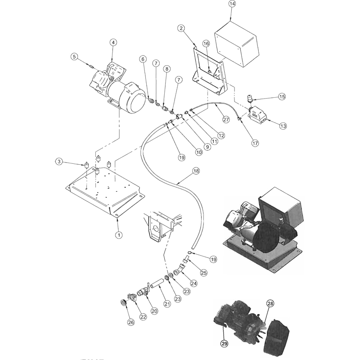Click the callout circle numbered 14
232,4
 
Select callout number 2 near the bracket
181,28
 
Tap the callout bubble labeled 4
113,42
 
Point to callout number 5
74,57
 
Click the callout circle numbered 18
196,171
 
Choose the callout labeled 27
226,120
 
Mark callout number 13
283,126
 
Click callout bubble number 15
282,97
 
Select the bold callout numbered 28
270,303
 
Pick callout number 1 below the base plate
119,235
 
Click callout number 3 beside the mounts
59,162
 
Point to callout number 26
131,322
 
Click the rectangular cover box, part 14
237,44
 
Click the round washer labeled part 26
124,302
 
